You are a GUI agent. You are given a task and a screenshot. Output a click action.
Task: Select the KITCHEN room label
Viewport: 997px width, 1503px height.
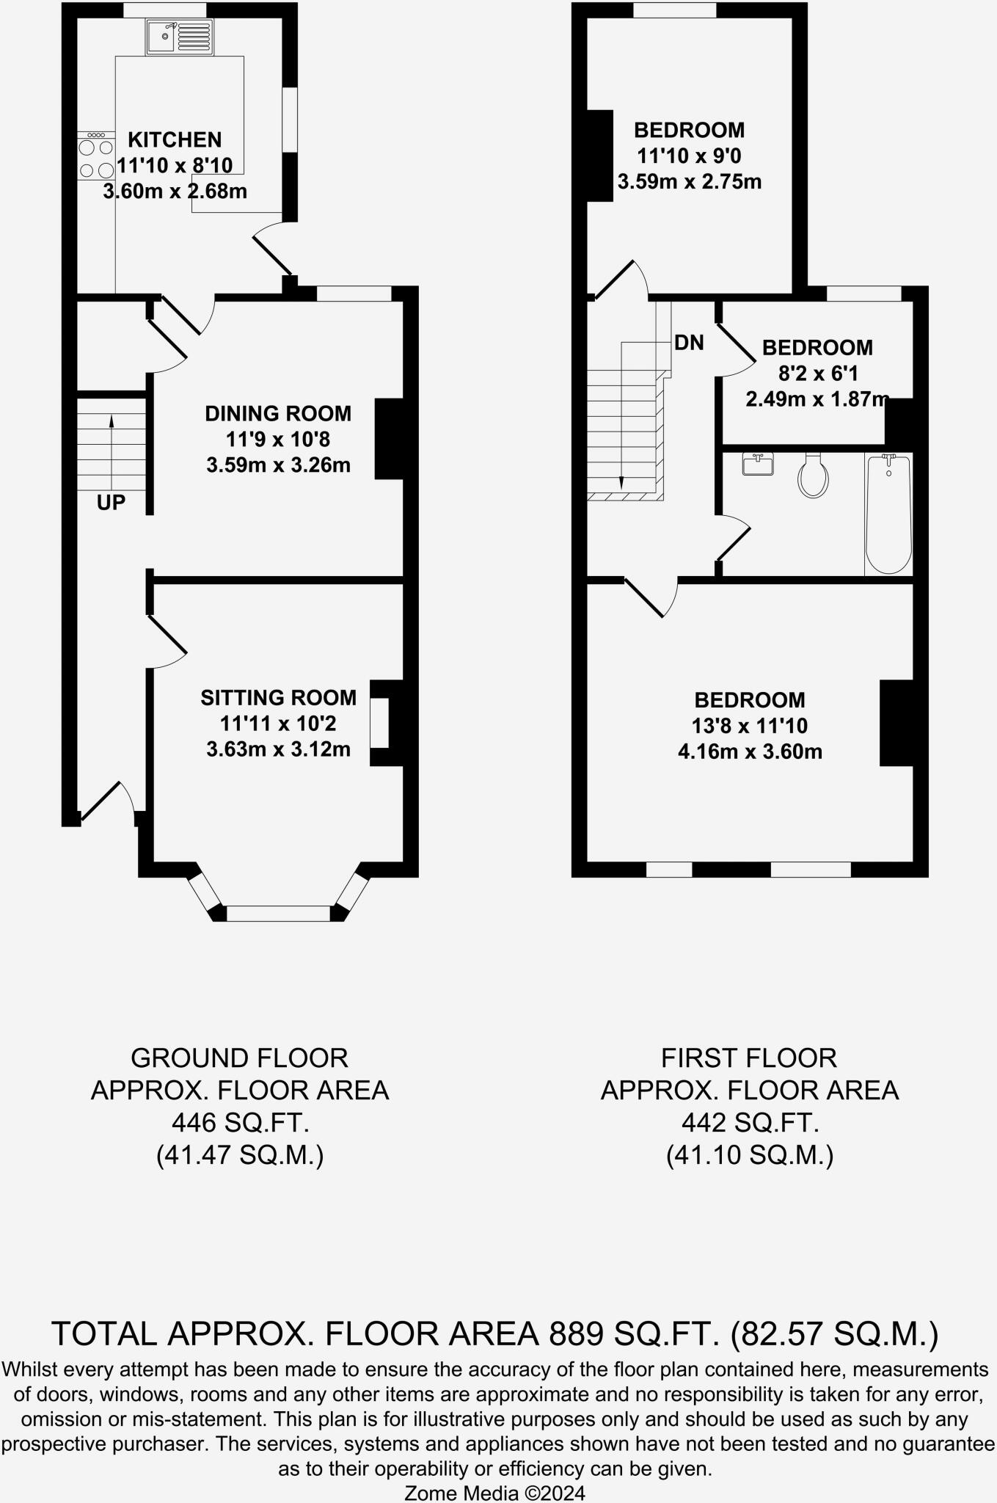175,139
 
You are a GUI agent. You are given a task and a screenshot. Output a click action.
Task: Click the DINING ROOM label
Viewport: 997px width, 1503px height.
278,414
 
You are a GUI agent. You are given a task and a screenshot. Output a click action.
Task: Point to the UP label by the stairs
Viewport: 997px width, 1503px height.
111,503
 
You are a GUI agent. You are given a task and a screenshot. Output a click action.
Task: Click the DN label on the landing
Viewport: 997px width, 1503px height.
689,343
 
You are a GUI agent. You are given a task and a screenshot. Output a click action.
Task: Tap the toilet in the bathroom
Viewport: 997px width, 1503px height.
813,475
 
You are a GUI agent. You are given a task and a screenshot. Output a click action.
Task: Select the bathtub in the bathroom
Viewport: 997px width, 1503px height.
888,514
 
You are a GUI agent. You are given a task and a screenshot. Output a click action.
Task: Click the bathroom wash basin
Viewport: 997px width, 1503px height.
757,464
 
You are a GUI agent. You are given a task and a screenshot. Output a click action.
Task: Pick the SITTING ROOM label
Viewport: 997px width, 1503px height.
279,698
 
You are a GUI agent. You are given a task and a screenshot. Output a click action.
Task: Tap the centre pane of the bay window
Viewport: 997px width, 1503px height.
279,914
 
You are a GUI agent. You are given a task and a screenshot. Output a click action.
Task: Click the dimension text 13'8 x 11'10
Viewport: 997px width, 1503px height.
750,726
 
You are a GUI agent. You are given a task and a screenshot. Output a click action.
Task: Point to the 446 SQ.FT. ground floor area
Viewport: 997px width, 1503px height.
240,1123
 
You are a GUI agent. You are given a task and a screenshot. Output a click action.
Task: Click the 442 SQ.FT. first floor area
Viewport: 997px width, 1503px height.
750,1123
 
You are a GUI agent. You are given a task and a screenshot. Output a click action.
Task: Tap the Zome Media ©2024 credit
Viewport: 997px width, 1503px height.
495,1493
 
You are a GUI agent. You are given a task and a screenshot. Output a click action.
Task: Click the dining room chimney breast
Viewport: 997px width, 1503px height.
390,439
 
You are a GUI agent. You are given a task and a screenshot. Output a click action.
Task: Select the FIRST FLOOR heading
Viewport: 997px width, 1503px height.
749,1058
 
